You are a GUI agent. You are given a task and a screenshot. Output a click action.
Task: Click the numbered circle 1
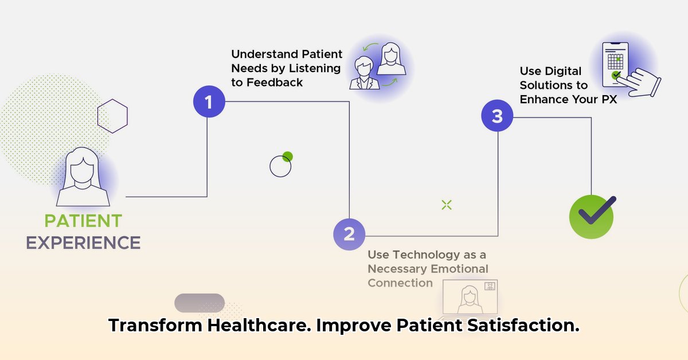coord(209,102)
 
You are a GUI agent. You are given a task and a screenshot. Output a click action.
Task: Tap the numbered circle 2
coord(349,234)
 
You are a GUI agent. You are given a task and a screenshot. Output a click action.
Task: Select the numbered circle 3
coord(497,116)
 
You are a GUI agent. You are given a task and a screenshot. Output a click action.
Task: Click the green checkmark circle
coord(592,216)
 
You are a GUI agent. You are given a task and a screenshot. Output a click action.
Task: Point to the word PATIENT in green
coord(83,221)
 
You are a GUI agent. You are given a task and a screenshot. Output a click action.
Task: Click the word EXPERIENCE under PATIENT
coord(83,242)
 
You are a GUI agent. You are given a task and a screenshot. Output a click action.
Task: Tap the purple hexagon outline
coord(112,116)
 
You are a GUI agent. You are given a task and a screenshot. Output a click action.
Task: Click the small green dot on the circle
coord(288,156)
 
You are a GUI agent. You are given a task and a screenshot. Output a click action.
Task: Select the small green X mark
coord(447,205)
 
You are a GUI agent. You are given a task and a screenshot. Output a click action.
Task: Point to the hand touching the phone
coord(643,83)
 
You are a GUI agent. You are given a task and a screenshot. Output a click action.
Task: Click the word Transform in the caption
coord(155,326)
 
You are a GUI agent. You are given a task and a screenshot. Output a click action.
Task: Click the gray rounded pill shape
coord(200,303)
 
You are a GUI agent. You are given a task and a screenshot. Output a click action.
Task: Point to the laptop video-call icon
coord(469,299)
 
